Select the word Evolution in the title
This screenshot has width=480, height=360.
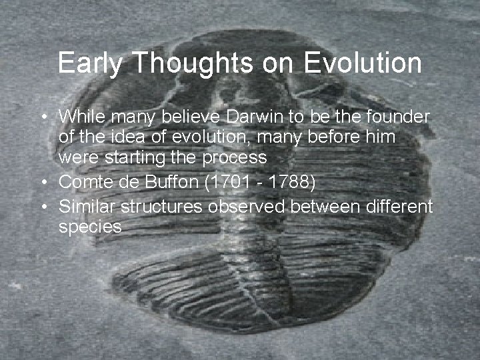click(363, 64)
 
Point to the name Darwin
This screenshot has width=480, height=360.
click(257, 117)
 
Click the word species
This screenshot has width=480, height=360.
click(90, 228)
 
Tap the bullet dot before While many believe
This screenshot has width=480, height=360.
click(43, 117)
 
